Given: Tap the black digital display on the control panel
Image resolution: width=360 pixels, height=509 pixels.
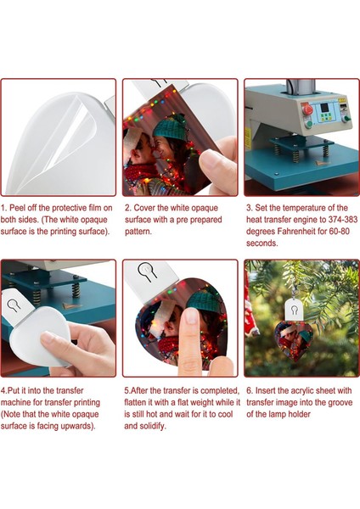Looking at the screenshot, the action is (x=325, y=108).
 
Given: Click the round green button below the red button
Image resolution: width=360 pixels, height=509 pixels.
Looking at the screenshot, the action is (x=309, y=123).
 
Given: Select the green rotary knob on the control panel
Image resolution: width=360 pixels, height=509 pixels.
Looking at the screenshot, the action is (x=346, y=119).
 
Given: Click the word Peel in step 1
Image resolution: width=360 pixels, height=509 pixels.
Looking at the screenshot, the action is (x=17, y=208).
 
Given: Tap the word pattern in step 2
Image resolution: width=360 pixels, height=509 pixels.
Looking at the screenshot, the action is (x=138, y=232).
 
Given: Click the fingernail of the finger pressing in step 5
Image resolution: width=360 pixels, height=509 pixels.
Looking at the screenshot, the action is (x=191, y=316).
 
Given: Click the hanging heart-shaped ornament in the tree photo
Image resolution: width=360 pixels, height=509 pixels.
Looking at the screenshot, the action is (x=293, y=342).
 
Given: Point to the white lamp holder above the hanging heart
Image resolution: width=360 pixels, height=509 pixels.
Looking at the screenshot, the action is (x=294, y=310).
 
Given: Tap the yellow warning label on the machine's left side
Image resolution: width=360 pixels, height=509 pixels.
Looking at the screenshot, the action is (x=248, y=134).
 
